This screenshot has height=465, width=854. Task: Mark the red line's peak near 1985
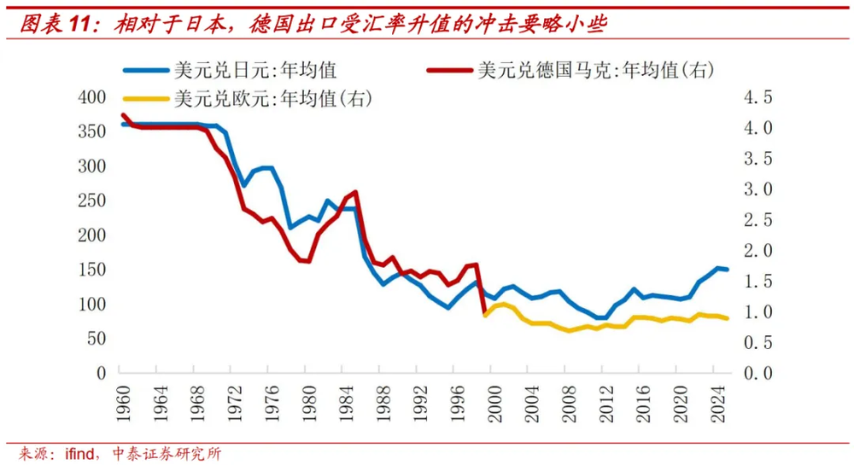tap(354, 192)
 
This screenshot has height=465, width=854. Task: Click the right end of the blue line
tap(727, 270)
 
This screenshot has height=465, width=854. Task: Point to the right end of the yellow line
tap(727, 318)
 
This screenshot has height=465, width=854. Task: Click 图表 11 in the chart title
tap(56, 25)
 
